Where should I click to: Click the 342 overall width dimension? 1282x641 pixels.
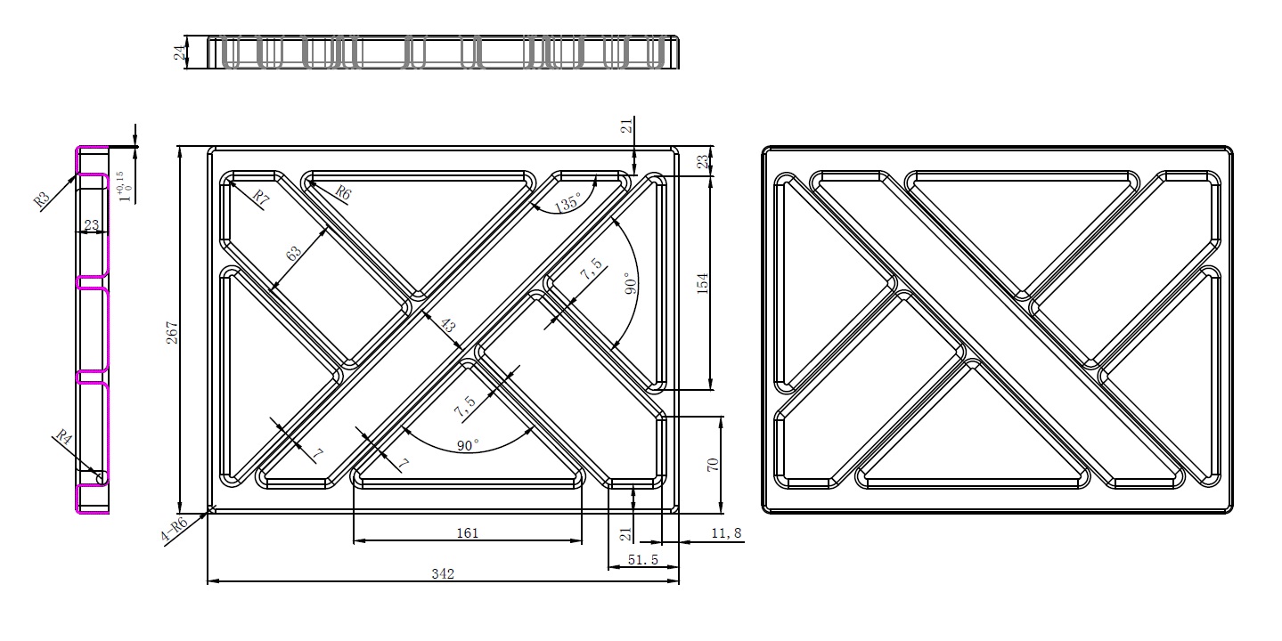(443, 573)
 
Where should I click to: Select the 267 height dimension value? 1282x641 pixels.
(172, 333)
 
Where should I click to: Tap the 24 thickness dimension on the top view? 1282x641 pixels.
(180, 53)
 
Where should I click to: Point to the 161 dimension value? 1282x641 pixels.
(467, 533)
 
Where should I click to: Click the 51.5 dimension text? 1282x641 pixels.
(642, 560)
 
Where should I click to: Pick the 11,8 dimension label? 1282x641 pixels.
(726, 533)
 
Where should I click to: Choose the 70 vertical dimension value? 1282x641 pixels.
(713, 465)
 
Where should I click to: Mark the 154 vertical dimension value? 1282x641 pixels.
(702, 283)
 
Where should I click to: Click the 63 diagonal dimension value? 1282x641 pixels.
(293, 254)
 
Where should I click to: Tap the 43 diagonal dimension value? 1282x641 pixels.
(447, 325)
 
